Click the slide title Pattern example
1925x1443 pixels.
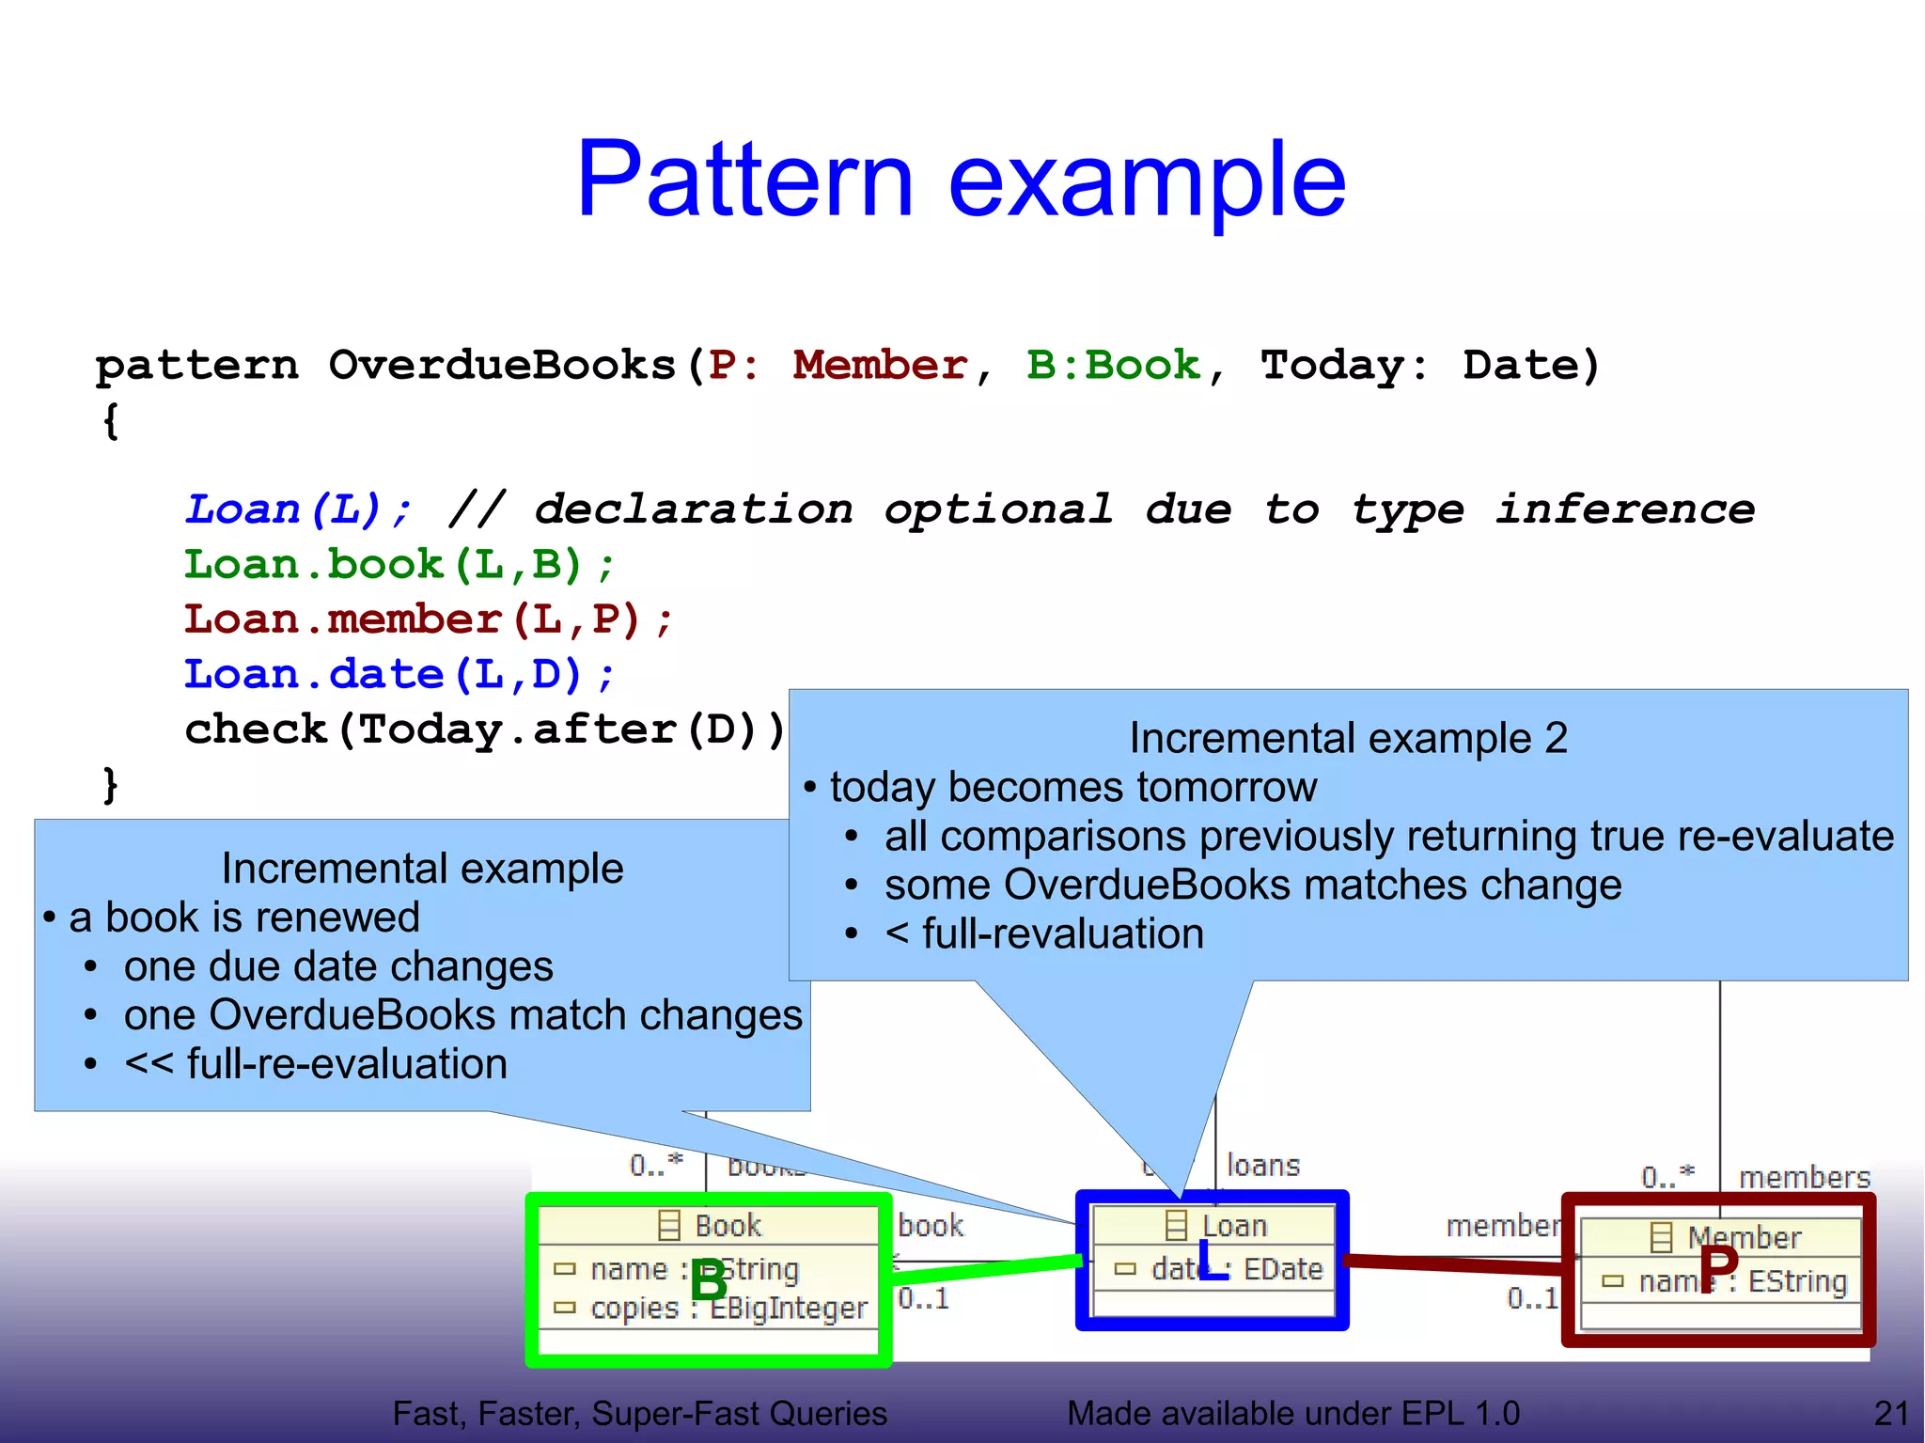[x=961, y=179]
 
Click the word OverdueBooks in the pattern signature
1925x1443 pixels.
[x=502, y=365]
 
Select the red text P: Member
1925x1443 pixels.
[x=837, y=365]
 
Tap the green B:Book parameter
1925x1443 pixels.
[x=1113, y=365]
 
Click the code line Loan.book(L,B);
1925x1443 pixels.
[x=399, y=565]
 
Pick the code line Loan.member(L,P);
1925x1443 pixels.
[x=428, y=620]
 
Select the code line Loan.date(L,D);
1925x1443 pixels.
[x=399, y=674]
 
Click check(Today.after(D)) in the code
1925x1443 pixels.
[x=484, y=729]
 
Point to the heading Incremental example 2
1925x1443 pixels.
[x=1347, y=738]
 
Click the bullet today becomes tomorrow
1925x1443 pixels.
[x=1072, y=787]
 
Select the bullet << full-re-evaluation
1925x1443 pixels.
[x=315, y=1064]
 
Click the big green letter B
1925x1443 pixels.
[x=709, y=1280]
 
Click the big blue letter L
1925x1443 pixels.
[x=1213, y=1261]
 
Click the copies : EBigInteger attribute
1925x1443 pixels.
[x=728, y=1309]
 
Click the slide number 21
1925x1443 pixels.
[x=1890, y=1413]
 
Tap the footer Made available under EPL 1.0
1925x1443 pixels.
[x=1292, y=1413]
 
